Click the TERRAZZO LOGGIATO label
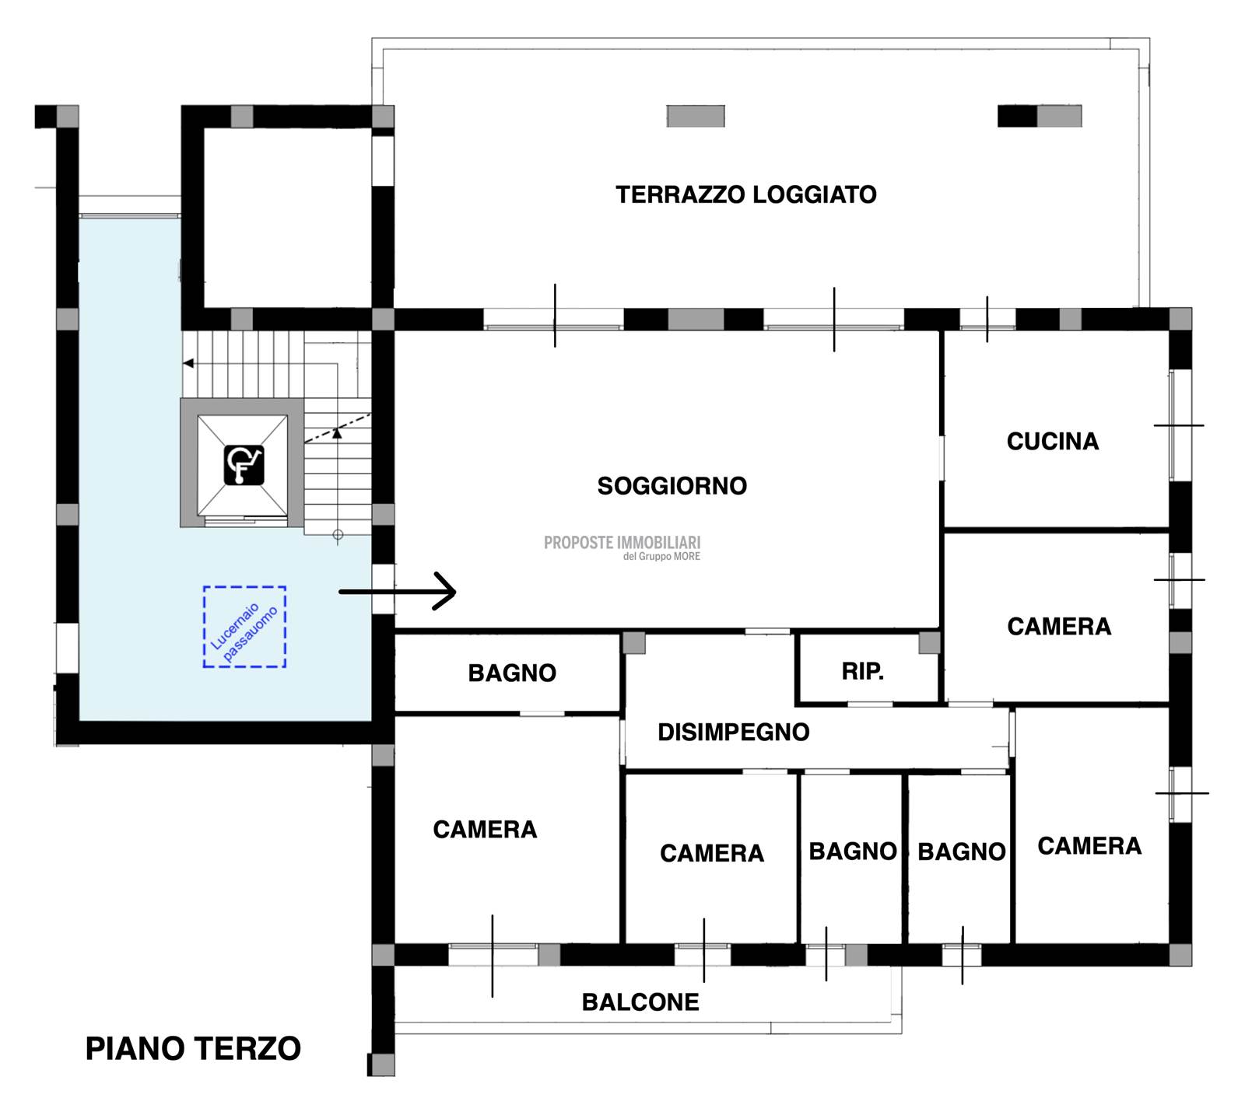click(x=746, y=194)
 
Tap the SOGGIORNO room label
click(x=672, y=486)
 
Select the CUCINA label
click(x=1053, y=442)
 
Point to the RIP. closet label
click(x=863, y=671)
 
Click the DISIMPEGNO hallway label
click(x=734, y=732)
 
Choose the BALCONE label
click(x=640, y=1002)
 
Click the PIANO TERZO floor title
click(x=193, y=1049)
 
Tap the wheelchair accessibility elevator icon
click(x=244, y=465)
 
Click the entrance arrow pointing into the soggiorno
click(x=397, y=592)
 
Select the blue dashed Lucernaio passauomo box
click(x=244, y=627)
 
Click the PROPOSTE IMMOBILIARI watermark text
click(x=622, y=543)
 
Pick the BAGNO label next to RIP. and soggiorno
click(x=512, y=673)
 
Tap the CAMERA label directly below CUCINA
click(x=1059, y=627)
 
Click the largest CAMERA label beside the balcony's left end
click(x=485, y=830)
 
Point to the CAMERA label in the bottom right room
click(x=1089, y=846)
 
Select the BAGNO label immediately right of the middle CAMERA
click(x=853, y=851)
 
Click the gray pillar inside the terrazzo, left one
click(x=696, y=116)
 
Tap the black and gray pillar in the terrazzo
click(x=1040, y=116)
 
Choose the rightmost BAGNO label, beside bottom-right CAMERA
click(x=962, y=852)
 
